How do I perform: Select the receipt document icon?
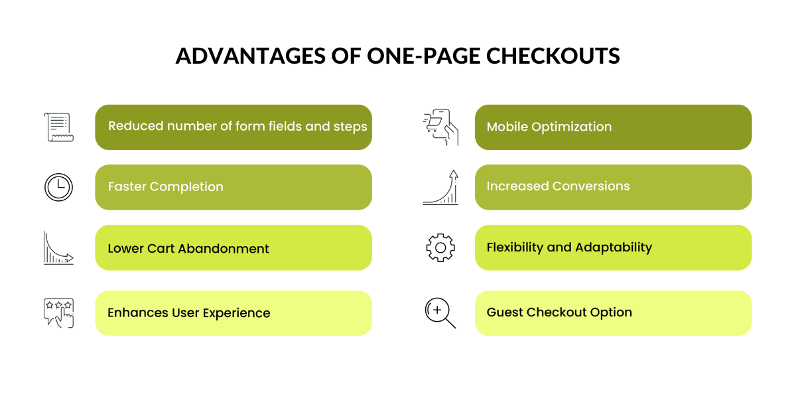click(58, 127)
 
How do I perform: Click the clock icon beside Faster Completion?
click(58, 188)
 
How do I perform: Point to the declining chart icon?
click(58, 248)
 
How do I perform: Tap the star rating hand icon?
click(58, 312)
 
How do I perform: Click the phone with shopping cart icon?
click(440, 127)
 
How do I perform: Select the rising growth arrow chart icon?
click(440, 188)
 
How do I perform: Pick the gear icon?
click(440, 247)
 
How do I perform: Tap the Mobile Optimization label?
click(549, 127)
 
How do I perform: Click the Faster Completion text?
click(165, 187)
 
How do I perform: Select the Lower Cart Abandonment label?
click(188, 249)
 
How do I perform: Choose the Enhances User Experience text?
click(189, 313)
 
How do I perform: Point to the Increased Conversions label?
click(558, 186)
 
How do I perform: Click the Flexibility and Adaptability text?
click(569, 247)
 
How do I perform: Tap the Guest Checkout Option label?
click(559, 312)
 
